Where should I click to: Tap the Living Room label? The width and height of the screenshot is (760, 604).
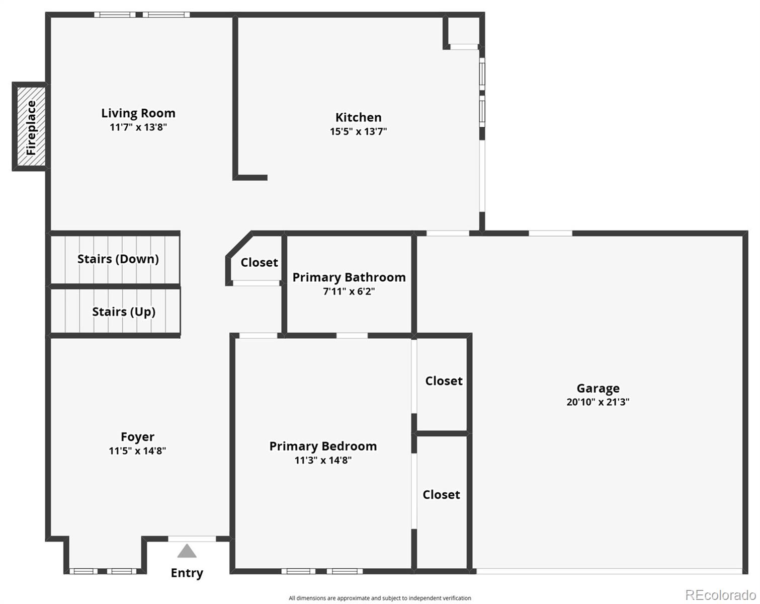(x=138, y=113)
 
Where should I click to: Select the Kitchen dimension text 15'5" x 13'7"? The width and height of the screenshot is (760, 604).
(x=358, y=131)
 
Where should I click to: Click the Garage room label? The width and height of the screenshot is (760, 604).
(x=598, y=388)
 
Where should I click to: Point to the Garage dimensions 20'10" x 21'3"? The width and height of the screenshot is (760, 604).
(x=598, y=402)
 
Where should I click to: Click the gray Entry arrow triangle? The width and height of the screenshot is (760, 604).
(x=187, y=552)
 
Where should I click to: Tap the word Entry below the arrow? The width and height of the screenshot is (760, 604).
(x=187, y=573)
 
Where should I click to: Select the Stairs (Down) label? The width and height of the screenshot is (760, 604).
(x=118, y=259)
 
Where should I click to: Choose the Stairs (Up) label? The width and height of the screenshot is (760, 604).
(x=123, y=312)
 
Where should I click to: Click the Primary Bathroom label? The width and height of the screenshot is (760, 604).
(x=349, y=277)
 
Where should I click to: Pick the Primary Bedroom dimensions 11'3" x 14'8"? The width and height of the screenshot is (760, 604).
(x=323, y=460)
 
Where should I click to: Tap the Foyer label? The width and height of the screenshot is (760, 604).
(x=137, y=436)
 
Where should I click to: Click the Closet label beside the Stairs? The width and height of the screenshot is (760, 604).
(x=259, y=262)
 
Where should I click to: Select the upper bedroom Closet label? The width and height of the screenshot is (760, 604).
(x=444, y=381)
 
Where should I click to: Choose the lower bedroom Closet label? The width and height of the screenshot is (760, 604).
(x=441, y=495)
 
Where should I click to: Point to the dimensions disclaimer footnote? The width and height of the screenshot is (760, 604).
(x=380, y=598)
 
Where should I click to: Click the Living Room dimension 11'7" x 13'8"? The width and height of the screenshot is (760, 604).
(x=138, y=127)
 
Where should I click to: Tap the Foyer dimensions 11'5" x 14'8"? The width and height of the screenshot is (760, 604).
(x=137, y=450)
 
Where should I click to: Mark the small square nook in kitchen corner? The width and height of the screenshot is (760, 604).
(x=463, y=31)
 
